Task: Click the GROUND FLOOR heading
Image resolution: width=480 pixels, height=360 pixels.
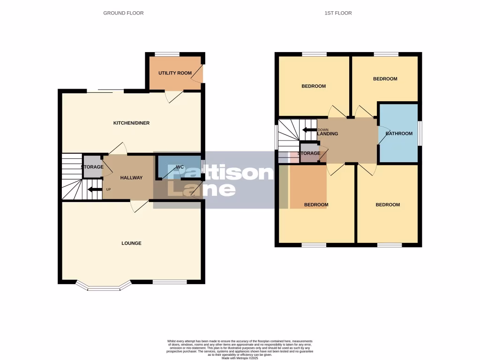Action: (123, 13)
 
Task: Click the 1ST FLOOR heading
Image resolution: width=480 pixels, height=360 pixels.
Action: (338, 13)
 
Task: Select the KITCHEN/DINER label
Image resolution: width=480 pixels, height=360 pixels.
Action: (131, 123)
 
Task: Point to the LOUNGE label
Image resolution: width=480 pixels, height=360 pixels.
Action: (131, 243)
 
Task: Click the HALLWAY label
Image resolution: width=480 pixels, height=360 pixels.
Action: (131, 178)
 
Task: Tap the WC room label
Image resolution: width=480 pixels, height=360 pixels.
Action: (180, 167)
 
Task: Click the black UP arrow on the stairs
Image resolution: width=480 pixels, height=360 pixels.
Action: (95, 190)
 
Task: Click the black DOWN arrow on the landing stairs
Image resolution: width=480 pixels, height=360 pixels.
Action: (309, 130)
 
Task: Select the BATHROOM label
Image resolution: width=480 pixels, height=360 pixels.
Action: (399, 134)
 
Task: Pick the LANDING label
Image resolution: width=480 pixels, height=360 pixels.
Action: (328, 134)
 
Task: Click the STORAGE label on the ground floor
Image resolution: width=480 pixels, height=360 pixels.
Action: (92, 167)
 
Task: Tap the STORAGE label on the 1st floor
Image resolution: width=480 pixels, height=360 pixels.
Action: (309, 153)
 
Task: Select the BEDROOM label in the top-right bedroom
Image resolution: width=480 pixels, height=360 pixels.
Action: (385, 79)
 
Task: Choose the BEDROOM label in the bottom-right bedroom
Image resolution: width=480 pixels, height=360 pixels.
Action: (388, 205)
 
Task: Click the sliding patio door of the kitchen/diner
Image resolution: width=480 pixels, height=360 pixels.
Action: (105, 91)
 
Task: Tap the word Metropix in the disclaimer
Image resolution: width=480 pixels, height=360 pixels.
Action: (247, 358)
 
